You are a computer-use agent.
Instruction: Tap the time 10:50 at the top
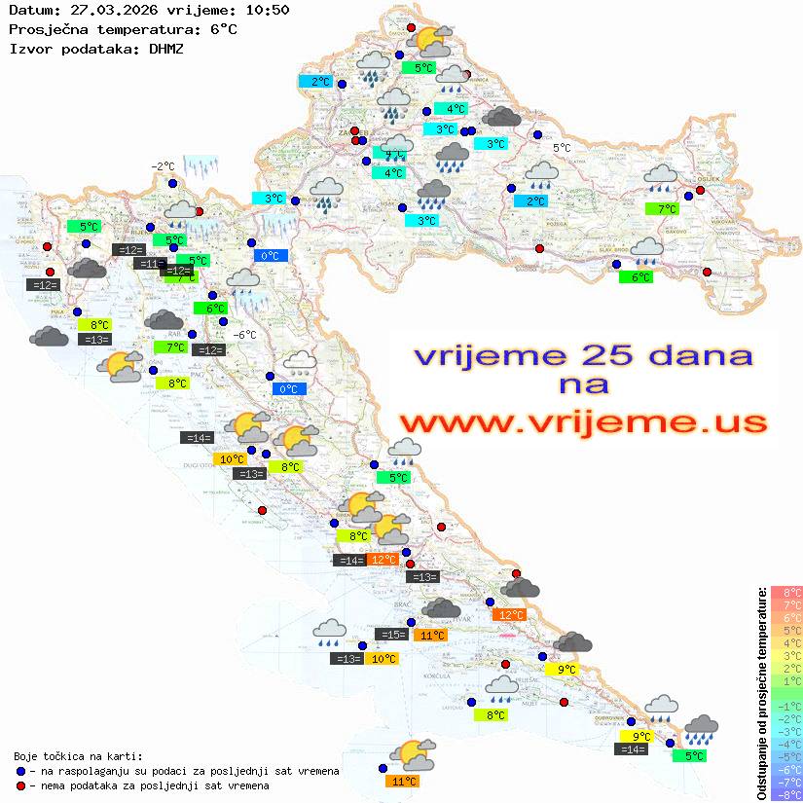click(268, 10)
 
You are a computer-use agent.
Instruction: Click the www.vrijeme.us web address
click(582, 422)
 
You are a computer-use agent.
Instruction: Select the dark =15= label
click(391, 635)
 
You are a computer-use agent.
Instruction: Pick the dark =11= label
click(150, 263)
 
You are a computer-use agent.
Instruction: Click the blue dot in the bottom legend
click(21, 771)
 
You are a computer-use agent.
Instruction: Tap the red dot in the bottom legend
click(21, 785)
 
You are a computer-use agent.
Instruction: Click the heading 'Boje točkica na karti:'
click(78, 755)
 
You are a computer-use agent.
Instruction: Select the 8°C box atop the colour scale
click(786, 593)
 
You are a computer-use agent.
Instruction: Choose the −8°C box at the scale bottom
click(786, 794)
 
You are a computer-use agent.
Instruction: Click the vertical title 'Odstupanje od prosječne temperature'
click(762, 692)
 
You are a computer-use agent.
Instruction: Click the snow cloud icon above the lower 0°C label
click(300, 364)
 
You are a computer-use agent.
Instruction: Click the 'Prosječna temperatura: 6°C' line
click(123, 29)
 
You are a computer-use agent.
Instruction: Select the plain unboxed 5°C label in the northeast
click(563, 148)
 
